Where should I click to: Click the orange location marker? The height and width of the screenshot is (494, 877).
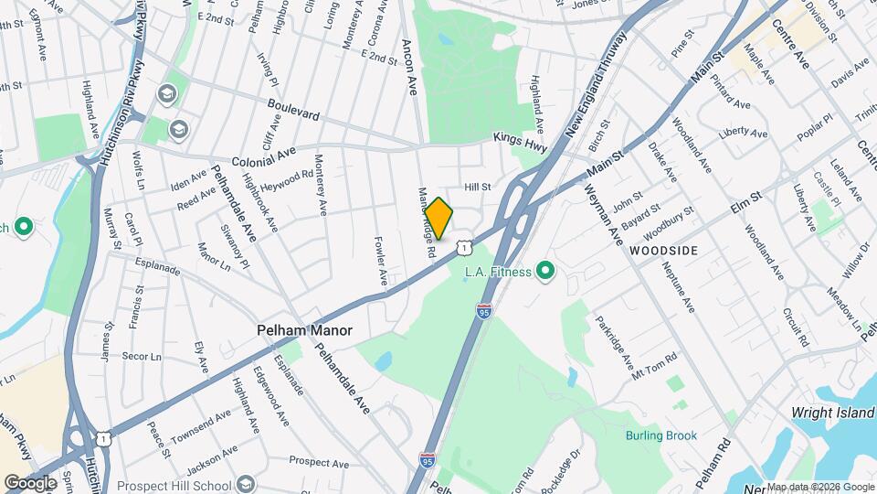pos(438,219)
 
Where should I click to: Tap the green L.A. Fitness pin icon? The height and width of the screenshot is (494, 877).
pos(546,271)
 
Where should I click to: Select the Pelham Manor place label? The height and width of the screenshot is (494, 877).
pos(304,330)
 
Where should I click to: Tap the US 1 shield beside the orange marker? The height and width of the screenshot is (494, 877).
pos(465,246)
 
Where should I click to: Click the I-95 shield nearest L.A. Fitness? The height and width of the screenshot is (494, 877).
pos(483,311)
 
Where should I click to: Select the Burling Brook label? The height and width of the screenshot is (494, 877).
pos(661,435)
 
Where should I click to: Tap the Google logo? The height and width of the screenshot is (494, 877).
pos(30,482)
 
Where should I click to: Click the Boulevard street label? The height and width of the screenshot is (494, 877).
pos(294,114)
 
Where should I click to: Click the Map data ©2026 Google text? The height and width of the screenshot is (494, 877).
pos(820,487)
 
